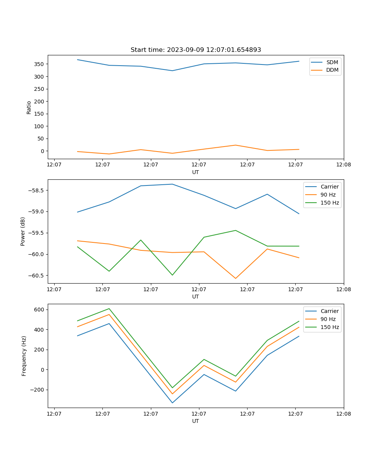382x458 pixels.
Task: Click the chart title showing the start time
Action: [196, 50]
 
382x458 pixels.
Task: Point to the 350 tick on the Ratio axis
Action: [39, 64]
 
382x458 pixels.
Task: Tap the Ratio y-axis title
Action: [29, 107]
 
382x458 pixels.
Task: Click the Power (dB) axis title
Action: [23, 231]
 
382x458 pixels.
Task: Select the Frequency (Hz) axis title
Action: [24, 356]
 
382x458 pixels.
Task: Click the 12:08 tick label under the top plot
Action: [343, 165]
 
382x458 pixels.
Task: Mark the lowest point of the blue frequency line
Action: [172, 403]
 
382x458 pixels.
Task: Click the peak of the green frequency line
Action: [109, 308]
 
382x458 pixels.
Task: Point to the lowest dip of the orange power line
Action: [235, 278]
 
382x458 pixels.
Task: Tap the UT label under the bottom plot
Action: [196, 421]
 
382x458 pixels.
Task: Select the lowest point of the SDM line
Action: [172, 71]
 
